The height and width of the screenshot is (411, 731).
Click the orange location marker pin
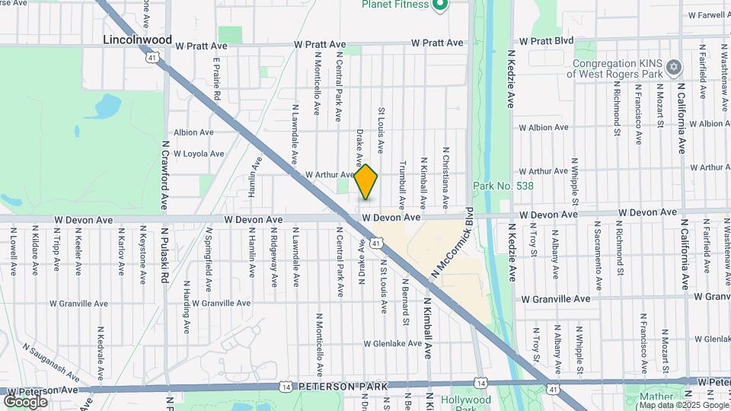coord(366,182)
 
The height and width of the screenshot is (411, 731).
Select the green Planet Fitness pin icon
coord(439,6)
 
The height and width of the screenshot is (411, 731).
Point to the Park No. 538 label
coord(503,186)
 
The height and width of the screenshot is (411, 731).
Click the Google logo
coord(25,401)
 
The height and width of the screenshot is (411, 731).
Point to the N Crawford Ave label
coord(164,175)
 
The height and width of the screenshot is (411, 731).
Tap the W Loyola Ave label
coord(199,154)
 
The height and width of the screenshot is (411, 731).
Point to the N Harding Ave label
coord(187,307)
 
